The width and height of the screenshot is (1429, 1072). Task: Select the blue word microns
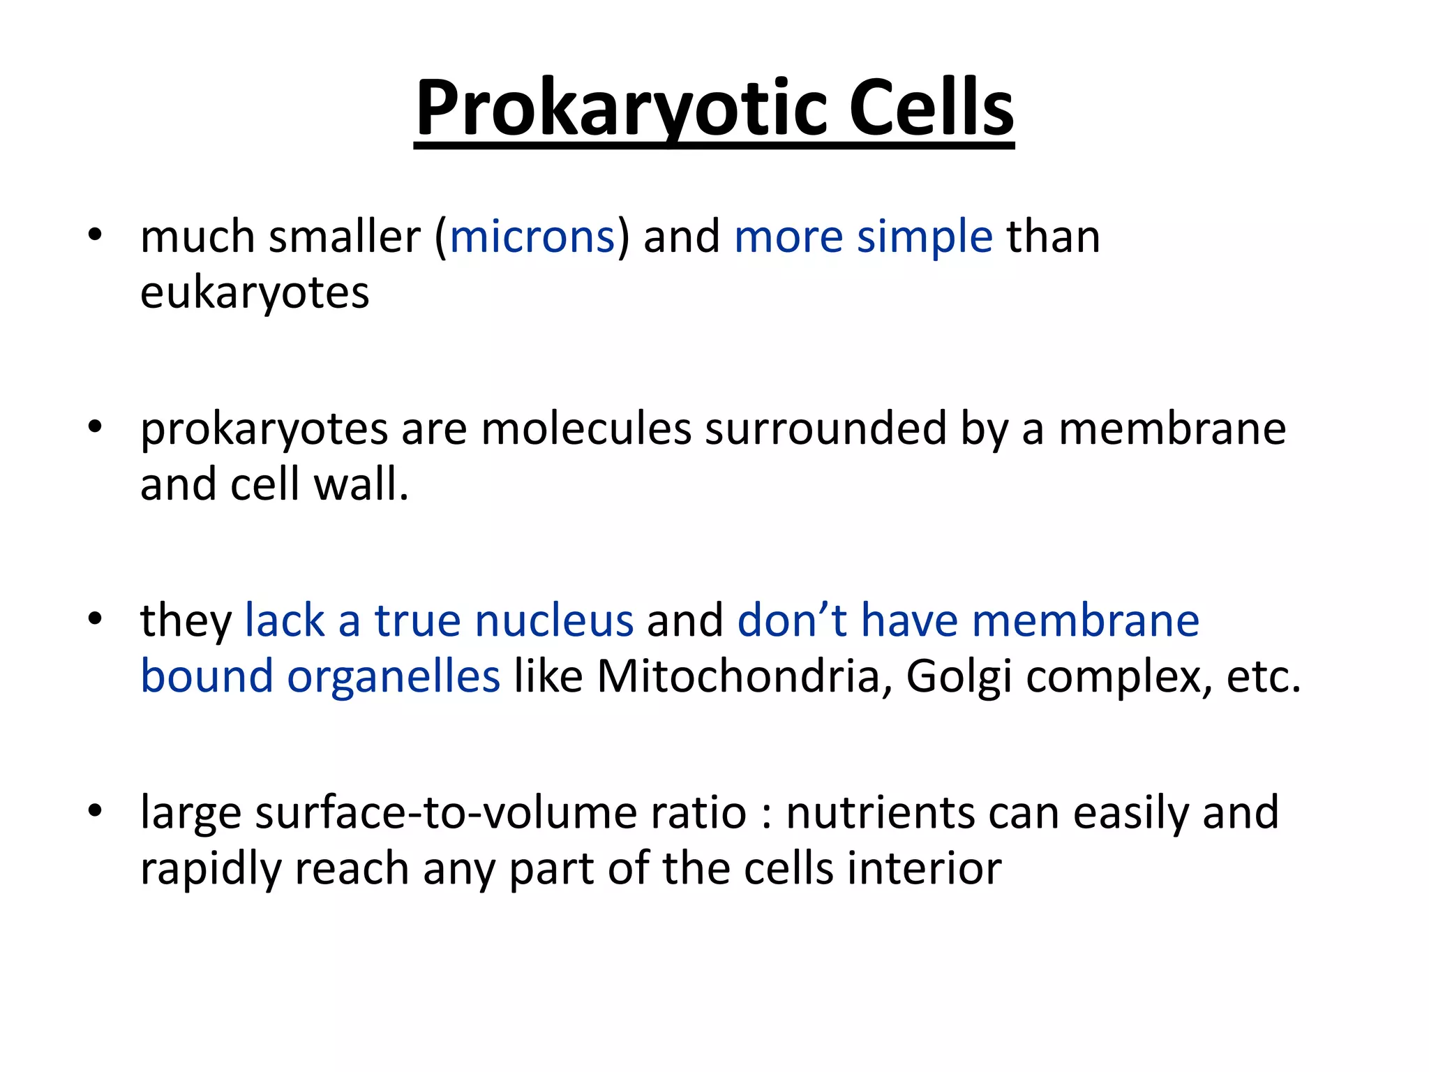click(x=532, y=237)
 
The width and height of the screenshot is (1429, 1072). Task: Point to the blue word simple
click(x=925, y=237)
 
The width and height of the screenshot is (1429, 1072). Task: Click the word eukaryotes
click(x=255, y=292)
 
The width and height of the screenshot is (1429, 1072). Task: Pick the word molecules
click(x=586, y=429)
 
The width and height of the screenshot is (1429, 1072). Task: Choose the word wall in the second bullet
click(x=361, y=484)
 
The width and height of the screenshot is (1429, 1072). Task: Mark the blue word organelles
click(x=394, y=676)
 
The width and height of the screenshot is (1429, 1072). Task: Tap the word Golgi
click(x=958, y=676)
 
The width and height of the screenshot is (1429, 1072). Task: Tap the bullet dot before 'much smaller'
click(x=96, y=234)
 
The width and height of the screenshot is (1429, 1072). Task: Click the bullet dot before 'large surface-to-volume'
click(x=96, y=810)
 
